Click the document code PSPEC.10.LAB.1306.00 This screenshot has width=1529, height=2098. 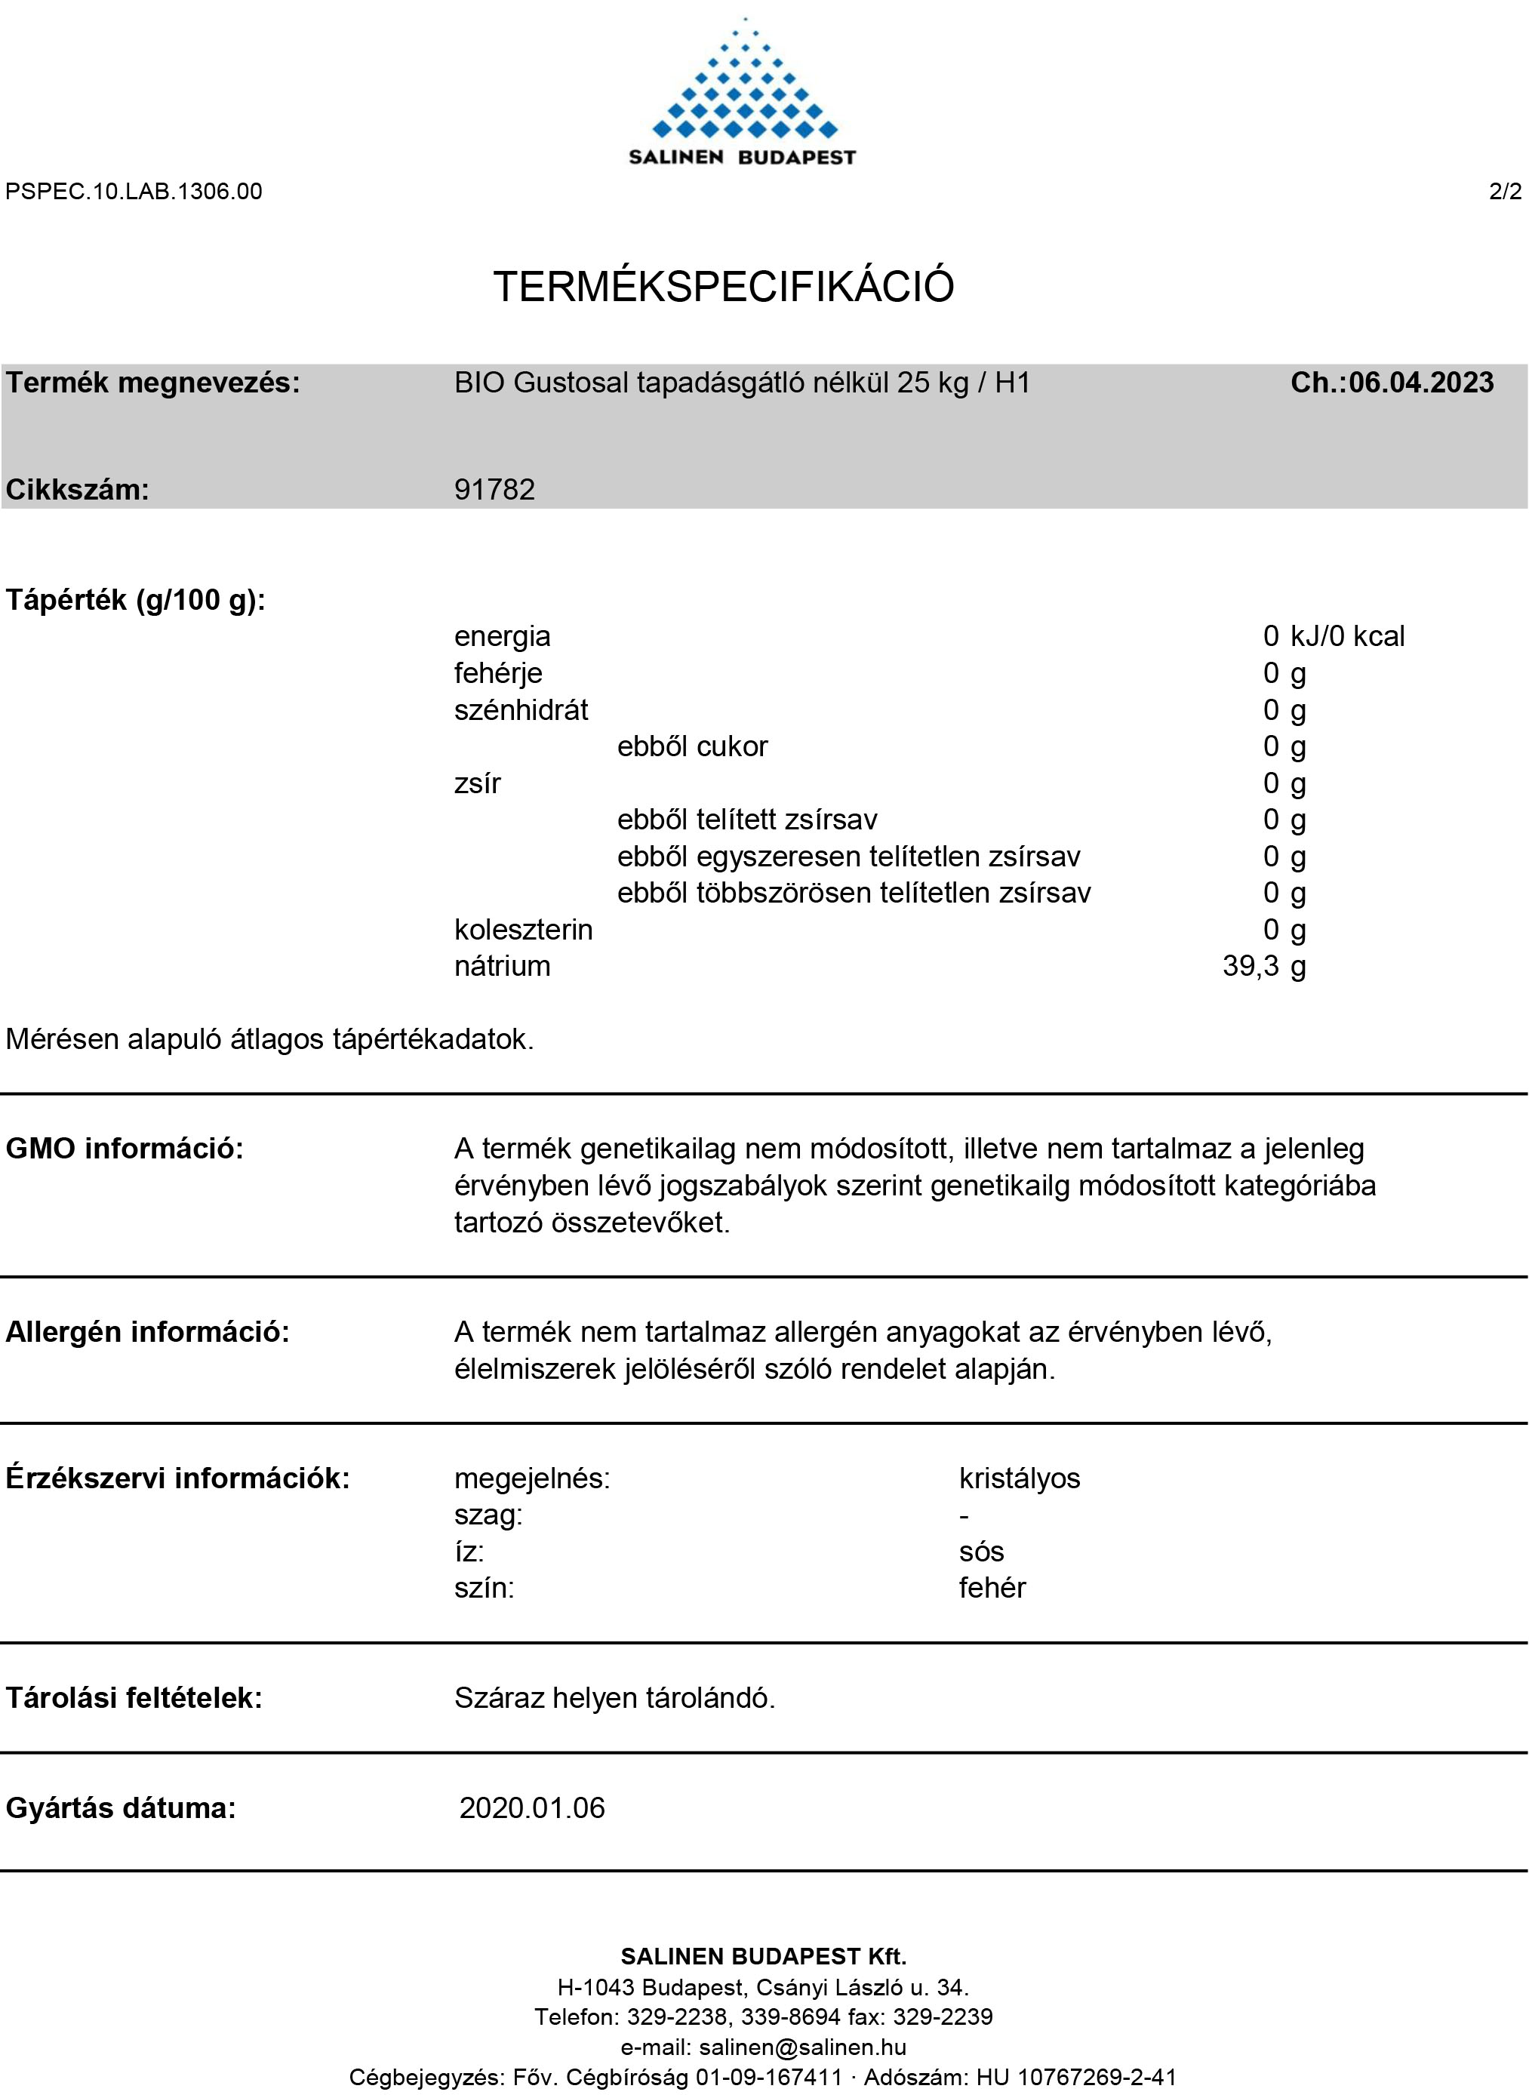click(x=134, y=192)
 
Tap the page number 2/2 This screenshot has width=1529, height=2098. click(x=1505, y=192)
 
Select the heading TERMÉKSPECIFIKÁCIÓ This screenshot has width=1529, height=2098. click(x=723, y=286)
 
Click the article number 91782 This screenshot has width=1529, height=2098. click(x=494, y=490)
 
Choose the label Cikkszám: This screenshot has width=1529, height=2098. click(x=78, y=490)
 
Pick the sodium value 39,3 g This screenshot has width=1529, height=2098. click(x=1263, y=966)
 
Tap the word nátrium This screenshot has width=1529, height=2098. click(x=502, y=966)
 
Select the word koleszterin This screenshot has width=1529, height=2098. click(x=523, y=929)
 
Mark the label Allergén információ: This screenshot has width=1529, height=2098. click(x=148, y=1332)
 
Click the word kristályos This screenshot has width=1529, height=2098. click(x=1019, y=1478)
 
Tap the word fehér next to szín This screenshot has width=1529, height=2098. click(x=992, y=1588)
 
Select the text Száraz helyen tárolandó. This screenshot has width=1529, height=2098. click(x=614, y=1698)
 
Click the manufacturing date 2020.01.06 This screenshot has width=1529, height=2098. click(x=532, y=1807)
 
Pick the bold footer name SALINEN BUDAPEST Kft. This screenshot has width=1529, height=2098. click(x=764, y=1956)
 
